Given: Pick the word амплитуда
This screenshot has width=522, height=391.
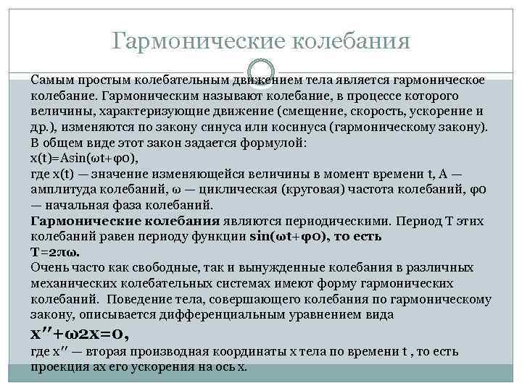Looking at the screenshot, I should point(62,189).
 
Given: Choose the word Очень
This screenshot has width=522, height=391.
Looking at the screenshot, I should point(49,268).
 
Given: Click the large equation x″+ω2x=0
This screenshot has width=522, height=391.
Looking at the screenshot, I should point(80,334).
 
